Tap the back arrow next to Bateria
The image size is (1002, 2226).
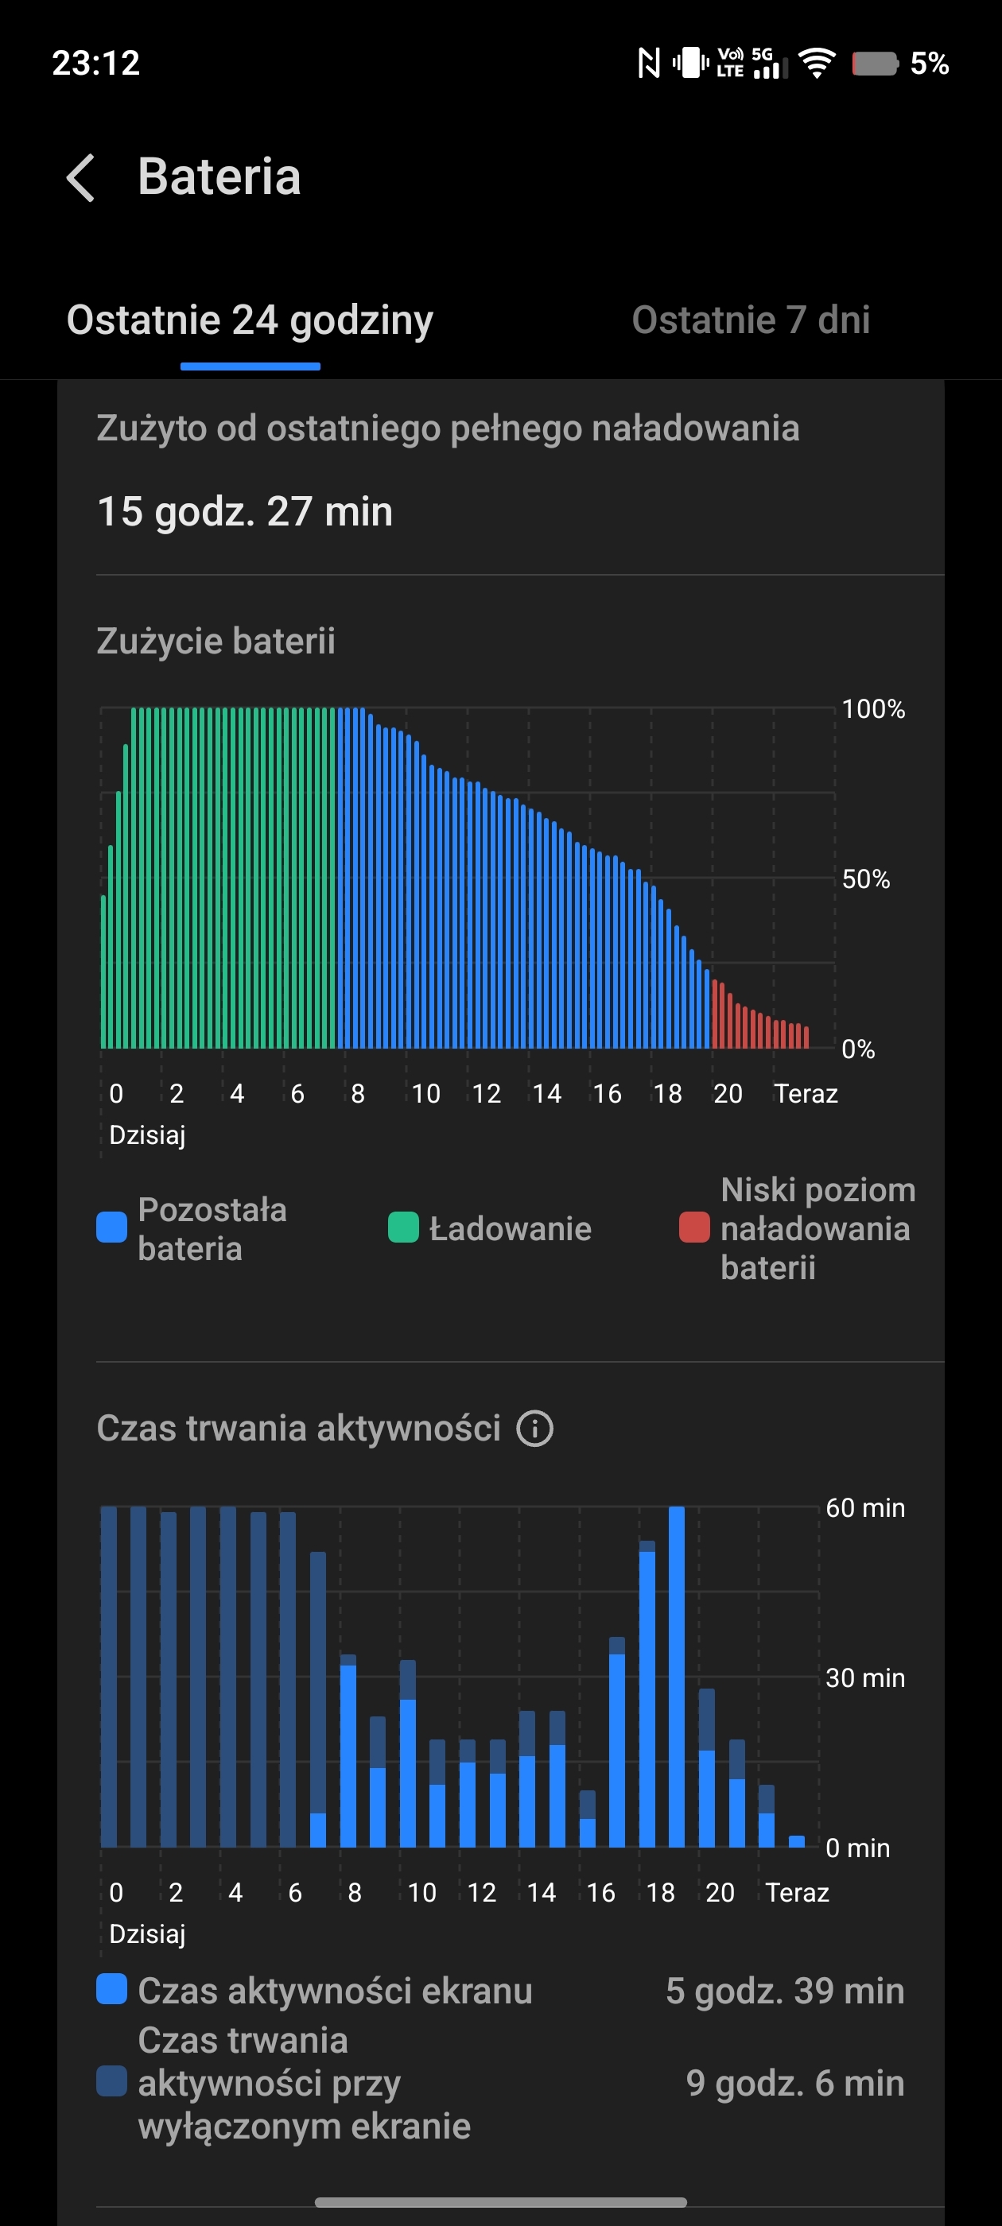(80, 178)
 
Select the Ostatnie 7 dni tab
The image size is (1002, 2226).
(751, 320)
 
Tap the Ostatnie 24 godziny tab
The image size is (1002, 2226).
(250, 320)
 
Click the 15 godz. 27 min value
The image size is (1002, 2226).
(245, 510)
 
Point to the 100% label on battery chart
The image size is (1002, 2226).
(873, 709)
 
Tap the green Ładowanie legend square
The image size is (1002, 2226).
(403, 1228)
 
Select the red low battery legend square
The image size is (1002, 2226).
(694, 1228)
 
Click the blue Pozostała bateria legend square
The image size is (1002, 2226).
(111, 1228)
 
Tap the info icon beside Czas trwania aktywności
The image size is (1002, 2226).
(534, 1429)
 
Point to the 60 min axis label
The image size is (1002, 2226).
(864, 1508)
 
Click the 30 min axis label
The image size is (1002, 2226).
(864, 1678)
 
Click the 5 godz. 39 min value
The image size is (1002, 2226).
(784, 1991)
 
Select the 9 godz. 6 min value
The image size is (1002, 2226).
(794, 2084)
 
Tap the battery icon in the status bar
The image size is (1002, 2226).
(875, 63)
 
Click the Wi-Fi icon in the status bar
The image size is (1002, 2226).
(816, 63)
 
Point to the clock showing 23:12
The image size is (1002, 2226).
(96, 63)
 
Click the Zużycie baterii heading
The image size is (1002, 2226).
(216, 642)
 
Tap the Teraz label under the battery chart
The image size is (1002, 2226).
(805, 1094)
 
